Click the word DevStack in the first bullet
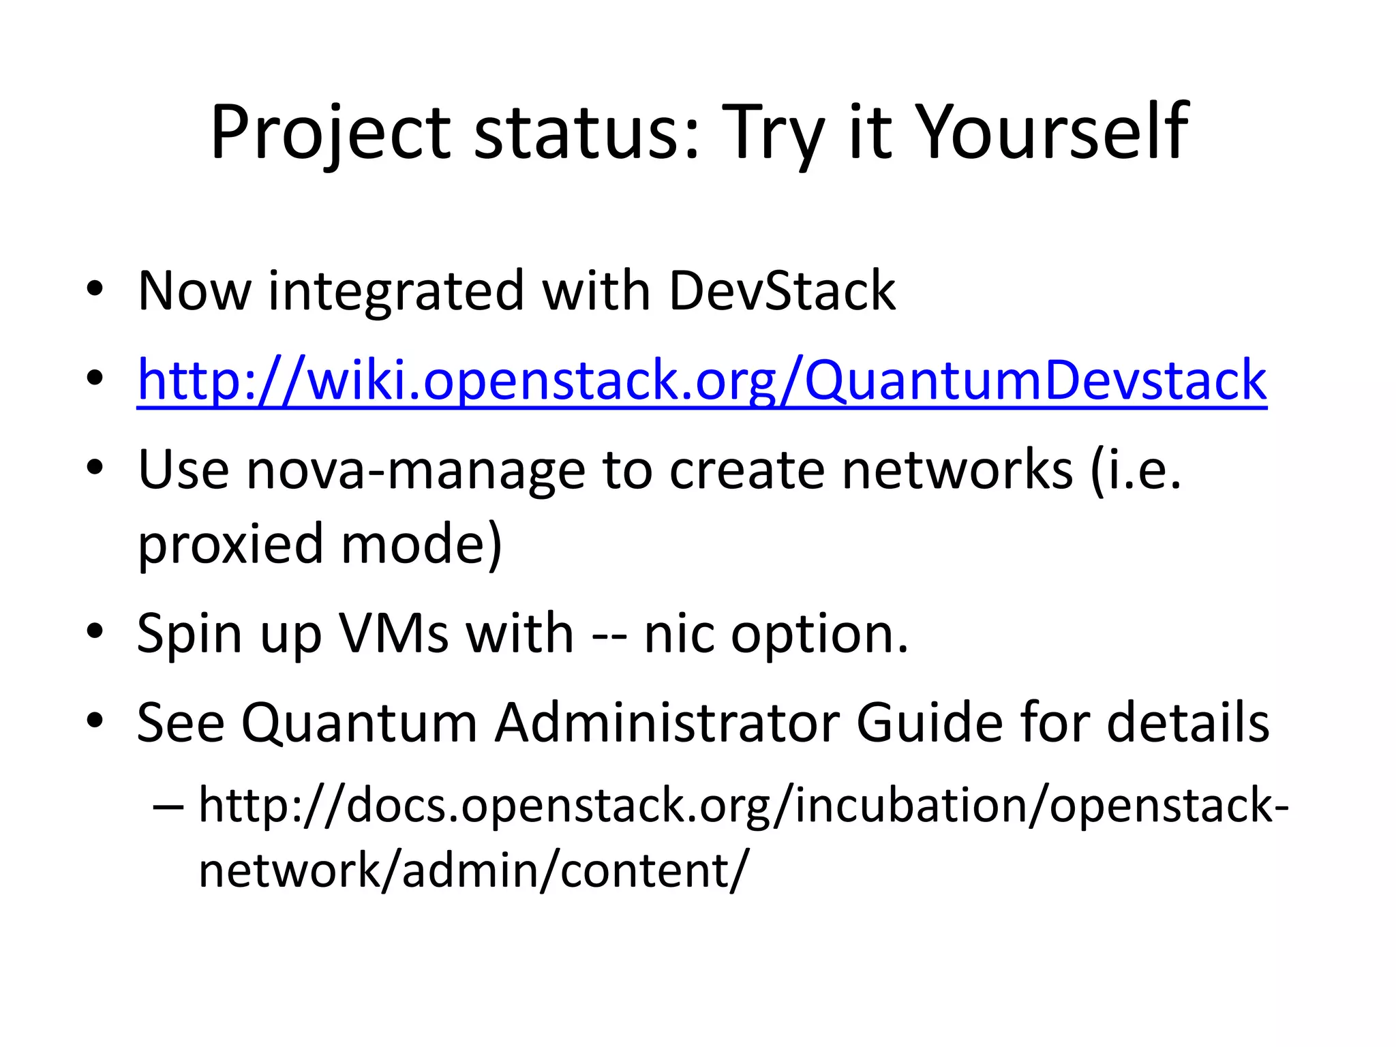pyautogui.click(x=782, y=291)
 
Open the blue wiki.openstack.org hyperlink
pyautogui.click(x=701, y=381)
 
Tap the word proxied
pyautogui.click(x=230, y=546)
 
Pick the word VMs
pyautogui.click(x=394, y=634)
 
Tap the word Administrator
pyautogui.click(x=667, y=723)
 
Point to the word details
pyautogui.click(x=1187, y=723)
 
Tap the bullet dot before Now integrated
pyautogui.click(x=95, y=288)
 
